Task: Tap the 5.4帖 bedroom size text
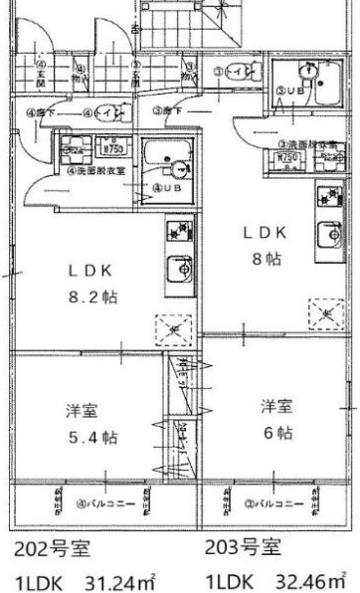93,437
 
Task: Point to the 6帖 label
277,433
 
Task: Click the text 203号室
243,547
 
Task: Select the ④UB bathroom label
166,187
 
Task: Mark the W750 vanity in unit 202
115,140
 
